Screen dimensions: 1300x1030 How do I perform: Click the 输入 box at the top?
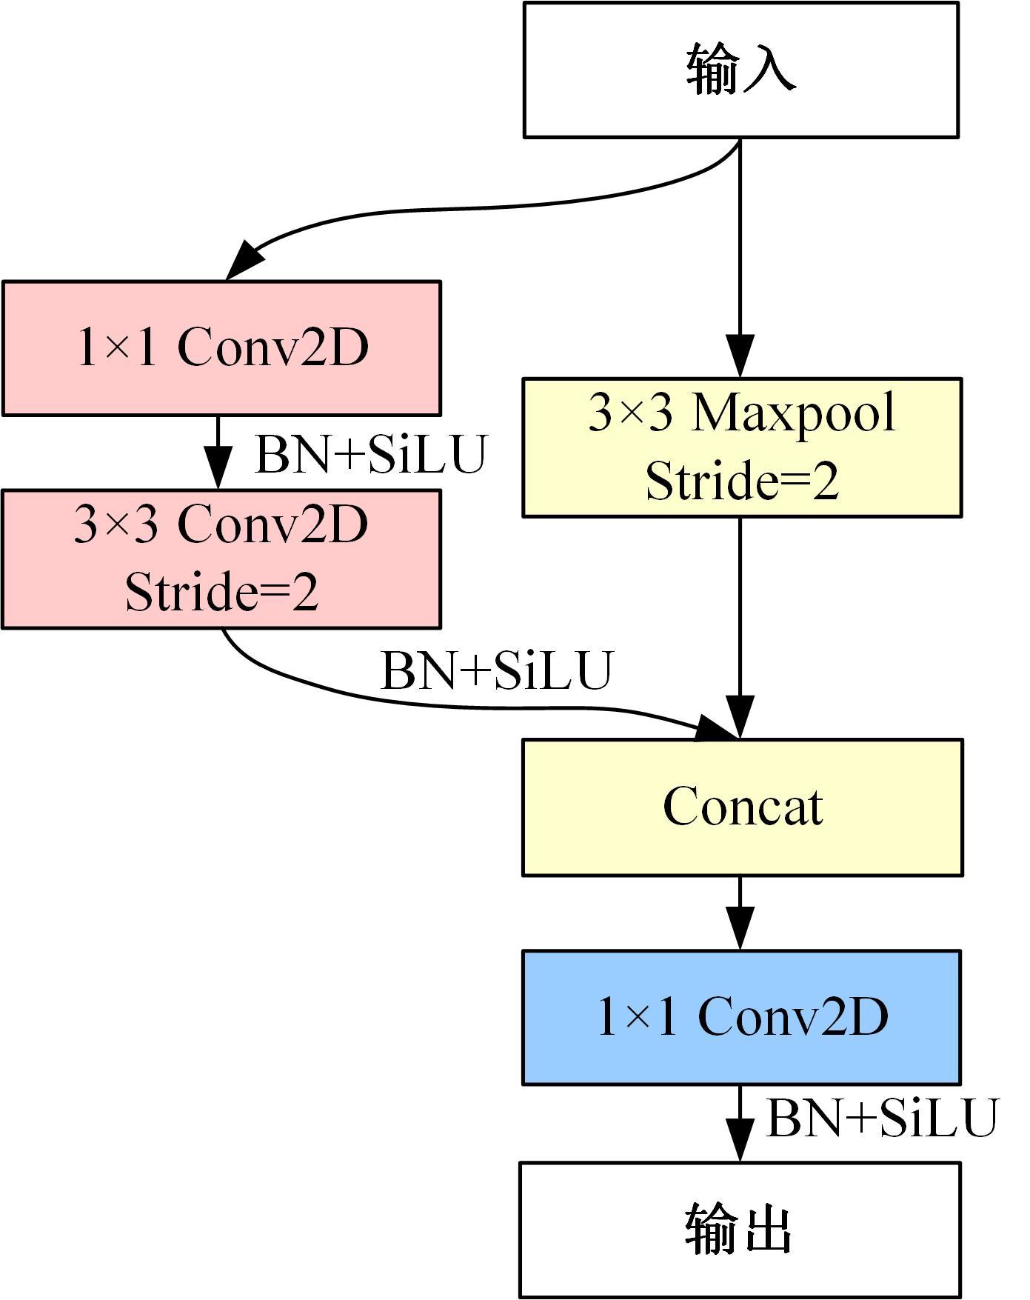741,70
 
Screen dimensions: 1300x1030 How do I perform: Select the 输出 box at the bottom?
740,1230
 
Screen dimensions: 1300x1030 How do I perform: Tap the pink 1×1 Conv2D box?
221,347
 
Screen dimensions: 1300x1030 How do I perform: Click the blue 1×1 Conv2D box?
741,1017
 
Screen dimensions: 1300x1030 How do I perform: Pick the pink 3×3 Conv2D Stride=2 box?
221,559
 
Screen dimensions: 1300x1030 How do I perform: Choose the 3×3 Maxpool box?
742,447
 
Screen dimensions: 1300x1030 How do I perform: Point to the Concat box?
742,807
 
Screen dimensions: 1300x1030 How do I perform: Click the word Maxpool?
793,413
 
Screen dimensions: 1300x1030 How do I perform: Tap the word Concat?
742,807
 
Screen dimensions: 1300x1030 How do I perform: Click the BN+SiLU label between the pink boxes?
370,454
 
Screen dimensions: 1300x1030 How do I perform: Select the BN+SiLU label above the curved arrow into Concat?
497,670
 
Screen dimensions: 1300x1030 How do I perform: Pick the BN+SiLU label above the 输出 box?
882,1118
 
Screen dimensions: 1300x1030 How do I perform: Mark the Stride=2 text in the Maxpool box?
742,481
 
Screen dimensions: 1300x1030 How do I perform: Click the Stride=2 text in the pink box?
221,592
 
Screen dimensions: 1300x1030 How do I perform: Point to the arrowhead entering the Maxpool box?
740,356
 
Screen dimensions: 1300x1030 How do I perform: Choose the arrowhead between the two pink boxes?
218,468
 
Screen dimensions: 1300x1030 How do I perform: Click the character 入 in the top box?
771,69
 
